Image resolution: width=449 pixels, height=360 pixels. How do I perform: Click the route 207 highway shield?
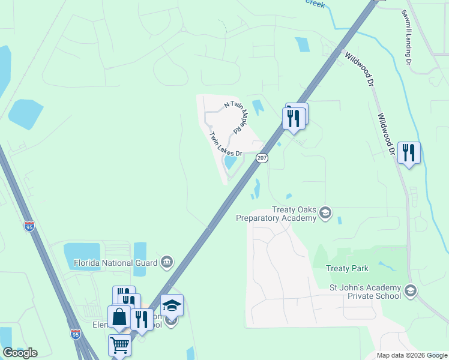click(262, 158)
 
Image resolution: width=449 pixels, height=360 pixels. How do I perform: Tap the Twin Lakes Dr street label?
click(225, 145)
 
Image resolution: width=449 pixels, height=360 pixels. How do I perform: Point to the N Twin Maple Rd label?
click(237, 117)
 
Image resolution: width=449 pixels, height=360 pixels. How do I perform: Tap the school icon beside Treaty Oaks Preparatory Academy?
click(325, 213)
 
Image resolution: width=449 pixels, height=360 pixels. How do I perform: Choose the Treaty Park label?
click(347, 268)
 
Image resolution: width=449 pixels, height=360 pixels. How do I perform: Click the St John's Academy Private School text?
click(365, 292)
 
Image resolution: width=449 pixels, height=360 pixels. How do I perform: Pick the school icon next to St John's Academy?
click(411, 291)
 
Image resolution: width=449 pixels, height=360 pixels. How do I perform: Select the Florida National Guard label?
click(115, 262)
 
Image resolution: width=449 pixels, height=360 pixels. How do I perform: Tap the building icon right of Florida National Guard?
click(166, 262)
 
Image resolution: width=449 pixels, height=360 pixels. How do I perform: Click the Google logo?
click(20, 353)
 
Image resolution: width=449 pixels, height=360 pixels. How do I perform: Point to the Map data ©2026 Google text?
click(412, 355)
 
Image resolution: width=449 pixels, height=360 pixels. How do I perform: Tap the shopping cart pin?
click(119, 346)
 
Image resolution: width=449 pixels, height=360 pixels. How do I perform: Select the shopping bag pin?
click(119, 317)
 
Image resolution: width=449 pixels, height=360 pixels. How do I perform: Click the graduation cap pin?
click(172, 305)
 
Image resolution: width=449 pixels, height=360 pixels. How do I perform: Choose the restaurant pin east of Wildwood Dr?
click(409, 153)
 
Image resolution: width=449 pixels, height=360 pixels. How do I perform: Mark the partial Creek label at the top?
click(315, 4)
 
